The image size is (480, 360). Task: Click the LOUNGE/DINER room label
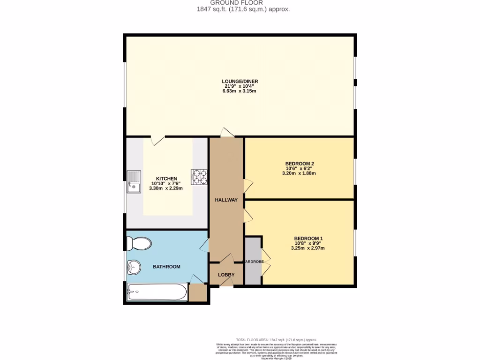[240, 81]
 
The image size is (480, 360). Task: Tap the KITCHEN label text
[166, 179]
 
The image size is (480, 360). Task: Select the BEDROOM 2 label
[300, 163]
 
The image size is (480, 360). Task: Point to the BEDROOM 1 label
[308, 238]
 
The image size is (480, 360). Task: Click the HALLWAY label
[226, 200]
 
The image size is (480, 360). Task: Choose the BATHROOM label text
[166, 267]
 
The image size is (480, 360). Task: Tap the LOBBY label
[226, 275]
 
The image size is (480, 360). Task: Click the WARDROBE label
[253, 262]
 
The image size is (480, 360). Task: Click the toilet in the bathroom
[139, 243]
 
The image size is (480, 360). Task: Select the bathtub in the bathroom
[157, 293]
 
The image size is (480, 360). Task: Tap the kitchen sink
[134, 181]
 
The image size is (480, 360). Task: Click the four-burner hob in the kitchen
[199, 177]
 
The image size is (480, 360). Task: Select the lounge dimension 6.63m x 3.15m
[240, 91]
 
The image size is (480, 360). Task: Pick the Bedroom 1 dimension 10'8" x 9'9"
[308, 243]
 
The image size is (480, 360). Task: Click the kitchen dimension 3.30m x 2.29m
[166, 188]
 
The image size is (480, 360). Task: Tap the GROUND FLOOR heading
[240, 3]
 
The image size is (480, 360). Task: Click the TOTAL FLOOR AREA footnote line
[277, 340]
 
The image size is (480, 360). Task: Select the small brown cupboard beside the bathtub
[197, 293]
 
